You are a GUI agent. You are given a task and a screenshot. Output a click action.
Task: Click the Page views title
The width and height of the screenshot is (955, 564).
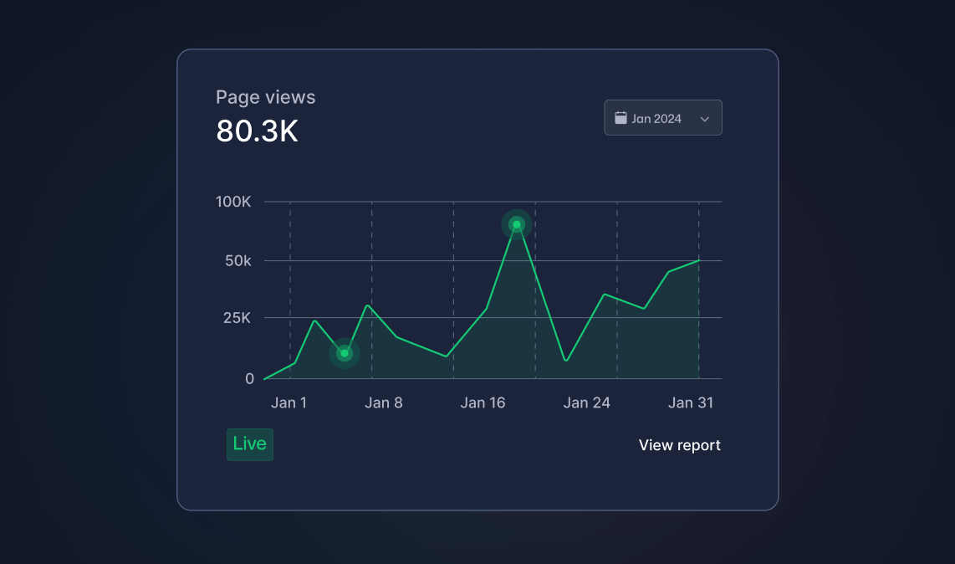(x=266, y=98)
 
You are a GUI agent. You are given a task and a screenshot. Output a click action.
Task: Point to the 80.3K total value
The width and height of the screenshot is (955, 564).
(x=257, y=131)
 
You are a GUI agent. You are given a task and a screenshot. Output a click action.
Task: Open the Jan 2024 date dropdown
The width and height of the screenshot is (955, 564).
(x=662, y=118)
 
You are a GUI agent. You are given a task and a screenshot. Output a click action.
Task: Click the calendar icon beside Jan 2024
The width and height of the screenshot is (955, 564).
(x=620, y=118)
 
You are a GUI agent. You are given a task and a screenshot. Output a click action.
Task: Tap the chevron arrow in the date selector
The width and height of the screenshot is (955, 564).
(x=705, y=119)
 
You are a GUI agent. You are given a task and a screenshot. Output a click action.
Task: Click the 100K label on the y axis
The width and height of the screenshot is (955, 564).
(x=233, y=202)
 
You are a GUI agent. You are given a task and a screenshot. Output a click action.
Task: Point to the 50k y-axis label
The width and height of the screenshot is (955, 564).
(x=238, y=261)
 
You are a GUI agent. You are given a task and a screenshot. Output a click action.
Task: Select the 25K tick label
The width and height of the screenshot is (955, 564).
(x=237, y=318)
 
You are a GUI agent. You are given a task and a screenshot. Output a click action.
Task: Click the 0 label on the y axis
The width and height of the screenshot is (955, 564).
(x=250, y=378)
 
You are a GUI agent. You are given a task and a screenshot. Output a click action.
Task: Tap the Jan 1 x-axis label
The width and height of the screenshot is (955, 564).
(x=289, y=402)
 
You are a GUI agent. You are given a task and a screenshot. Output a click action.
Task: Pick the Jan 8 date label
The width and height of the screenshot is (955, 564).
(x=384, y=402)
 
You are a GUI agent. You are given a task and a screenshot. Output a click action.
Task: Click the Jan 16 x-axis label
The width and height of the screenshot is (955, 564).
(x=483, y=402)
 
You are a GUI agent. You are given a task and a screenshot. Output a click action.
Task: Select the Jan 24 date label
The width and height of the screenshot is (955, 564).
(x=586, y=402)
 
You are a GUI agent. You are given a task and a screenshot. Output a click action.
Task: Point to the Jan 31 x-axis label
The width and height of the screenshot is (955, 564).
(x=691, y=402)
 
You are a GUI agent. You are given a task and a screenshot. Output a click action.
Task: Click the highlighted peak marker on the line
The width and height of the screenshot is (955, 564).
(x=517, y=225)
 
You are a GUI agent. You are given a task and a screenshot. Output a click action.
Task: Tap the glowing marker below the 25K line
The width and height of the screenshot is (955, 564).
(x=345, y=353)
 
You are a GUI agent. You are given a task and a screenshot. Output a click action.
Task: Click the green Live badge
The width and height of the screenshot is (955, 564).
(x=250, y=444)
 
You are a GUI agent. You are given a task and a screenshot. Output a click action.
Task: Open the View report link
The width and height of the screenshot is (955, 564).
(x=680, y=445)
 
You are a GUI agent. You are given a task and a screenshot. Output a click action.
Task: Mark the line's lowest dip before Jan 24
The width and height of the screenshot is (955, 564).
(x=566, y=361)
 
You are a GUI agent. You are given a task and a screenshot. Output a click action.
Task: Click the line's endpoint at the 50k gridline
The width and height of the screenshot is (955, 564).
(x=698, y=261)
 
